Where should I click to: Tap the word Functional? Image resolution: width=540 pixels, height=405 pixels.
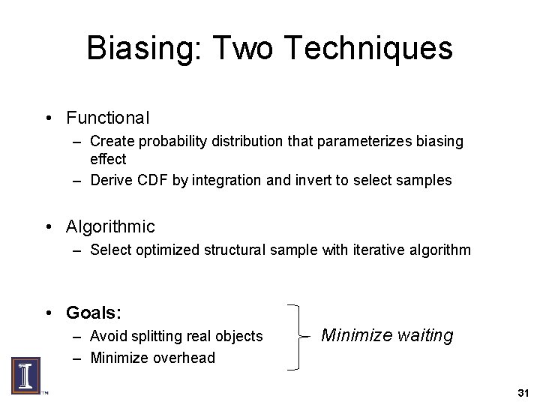pyautogui.click(x=108, y=118)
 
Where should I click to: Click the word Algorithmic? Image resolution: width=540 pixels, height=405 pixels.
pyautogui.click(x=110, y=226)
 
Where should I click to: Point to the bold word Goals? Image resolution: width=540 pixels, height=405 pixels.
pyautogui.click(x=94, y=311)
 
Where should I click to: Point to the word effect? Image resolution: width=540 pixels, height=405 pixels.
pyautogui.click(x=108, y=159)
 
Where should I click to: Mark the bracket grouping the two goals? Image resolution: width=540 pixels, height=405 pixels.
pyautogui.click(x=298, y=335)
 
